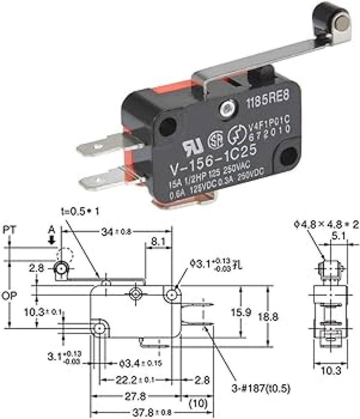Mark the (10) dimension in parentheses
point(196,404)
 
